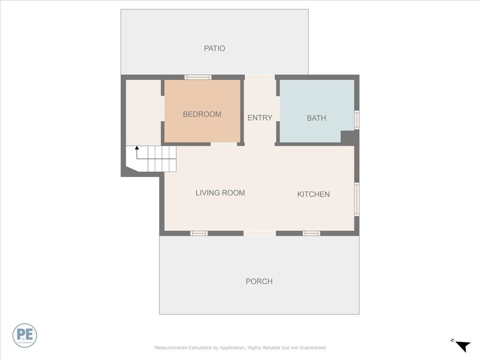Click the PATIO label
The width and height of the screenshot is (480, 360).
(x=214, y=48)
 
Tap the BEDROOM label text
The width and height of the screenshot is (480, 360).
(x=202, y=114)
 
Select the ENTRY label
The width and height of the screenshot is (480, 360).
(x=260, y=118)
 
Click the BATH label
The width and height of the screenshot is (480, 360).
(x=316, y=118)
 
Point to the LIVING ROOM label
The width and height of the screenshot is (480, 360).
(x=220, y=193)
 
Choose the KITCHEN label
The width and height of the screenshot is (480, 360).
(x=313, y=194)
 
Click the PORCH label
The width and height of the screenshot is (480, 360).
(x=259, y=282)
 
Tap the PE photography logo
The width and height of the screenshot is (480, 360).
(x=25, y=335)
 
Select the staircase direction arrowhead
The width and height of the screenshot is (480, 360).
(x=137, y=148)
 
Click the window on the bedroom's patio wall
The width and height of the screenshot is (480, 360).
(x=198, y=77)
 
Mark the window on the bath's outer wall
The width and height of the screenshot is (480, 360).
(x=357, y=120)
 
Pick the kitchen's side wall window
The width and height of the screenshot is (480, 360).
(x=357, y=199)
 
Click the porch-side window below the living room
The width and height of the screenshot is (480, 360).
(x=199, y=233)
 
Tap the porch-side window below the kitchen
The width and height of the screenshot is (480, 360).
(x=311, y=233)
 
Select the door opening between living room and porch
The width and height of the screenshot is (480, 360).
(x=260, y=233)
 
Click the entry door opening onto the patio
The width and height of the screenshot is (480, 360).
(x=260, y=77)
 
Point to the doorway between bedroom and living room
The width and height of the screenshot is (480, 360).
(x=224, y=144)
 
